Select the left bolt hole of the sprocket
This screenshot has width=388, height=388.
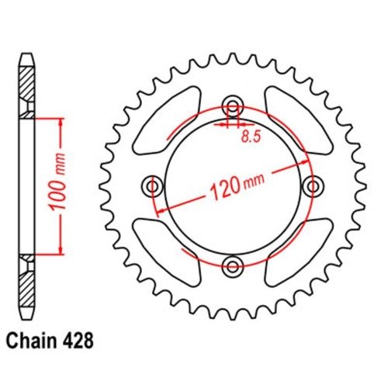pyautogui.click(x=152, y=186)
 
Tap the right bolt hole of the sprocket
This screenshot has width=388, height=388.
pyautogui.click(x=314, y=186)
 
